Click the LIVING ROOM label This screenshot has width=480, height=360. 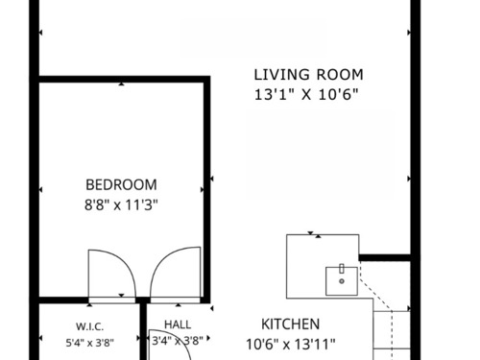click(308, 75)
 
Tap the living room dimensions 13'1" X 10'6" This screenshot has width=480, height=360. click(306, 95)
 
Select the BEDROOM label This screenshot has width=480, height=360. click(121, 185)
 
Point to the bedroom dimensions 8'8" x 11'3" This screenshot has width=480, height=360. click(121, 204)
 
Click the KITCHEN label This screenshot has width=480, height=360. click(291, 324)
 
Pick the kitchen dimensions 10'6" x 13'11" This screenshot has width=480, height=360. click(291, 345)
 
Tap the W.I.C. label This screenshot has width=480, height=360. click(89, 326)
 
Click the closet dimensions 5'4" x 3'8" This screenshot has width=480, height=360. click(90, 343)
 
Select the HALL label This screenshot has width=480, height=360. click(178, 324)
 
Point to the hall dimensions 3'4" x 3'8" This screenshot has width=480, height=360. click(178, 341)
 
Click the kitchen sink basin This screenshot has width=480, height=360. click(342, 281)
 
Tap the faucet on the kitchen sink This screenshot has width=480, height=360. click(342, 269)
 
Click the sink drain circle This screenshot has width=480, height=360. click(342, 281)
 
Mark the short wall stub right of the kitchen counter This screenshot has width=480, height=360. click(385, 257)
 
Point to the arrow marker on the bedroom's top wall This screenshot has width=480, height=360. click(121, 84)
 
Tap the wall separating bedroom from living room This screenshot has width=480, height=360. click(207, 189)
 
